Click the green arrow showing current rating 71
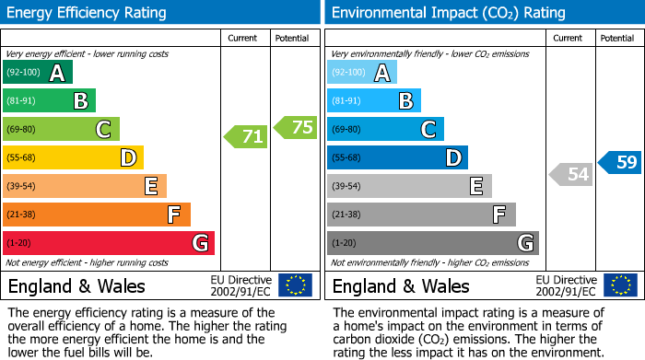(246, 137)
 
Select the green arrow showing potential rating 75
(296, 128)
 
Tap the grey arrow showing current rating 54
(570, 173)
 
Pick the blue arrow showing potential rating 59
(620, 163)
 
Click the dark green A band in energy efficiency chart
(38, 73)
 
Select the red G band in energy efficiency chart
(109, 243)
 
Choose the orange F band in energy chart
(97, 215)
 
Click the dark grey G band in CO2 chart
(432, 243)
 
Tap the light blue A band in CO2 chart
(362, 73)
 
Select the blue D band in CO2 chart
(397, 158)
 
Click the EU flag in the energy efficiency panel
(295, 285)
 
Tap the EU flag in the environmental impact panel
(620, 285)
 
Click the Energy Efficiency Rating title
(88, 13)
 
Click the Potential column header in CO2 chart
(617, 39)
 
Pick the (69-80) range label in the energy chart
(22, 130)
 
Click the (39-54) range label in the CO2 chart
(347, 187)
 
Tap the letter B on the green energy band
(81, 101)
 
